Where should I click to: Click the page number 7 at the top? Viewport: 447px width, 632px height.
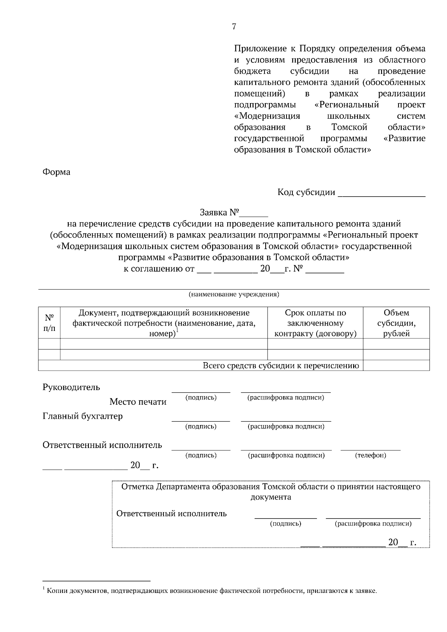pos(234,26)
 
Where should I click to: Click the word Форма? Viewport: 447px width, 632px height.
pos(57,172)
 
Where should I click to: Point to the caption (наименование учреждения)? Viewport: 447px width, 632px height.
pos(234,294)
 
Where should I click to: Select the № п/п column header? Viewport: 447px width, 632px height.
pos(49,323)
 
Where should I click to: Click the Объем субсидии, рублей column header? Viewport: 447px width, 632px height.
pos(396,323)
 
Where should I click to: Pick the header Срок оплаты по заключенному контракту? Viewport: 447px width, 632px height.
pos(315,323)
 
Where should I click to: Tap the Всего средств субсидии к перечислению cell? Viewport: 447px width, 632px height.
pos(281,366)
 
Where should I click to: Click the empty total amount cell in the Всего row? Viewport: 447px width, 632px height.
pos(396,366)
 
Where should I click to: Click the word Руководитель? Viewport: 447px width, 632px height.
pos(71,387)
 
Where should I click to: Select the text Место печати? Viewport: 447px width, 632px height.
pos(138,402)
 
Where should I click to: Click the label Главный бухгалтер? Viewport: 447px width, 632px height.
pos(82,416)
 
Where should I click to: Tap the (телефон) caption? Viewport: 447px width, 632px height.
pos(370,455)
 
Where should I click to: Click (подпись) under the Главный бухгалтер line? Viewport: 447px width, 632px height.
pos(201,427)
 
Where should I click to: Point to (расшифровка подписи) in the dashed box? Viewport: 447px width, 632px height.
pos(373,524)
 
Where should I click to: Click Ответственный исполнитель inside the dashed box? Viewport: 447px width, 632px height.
pos(171,514)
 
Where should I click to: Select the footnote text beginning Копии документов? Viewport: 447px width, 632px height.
pos(212,591)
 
